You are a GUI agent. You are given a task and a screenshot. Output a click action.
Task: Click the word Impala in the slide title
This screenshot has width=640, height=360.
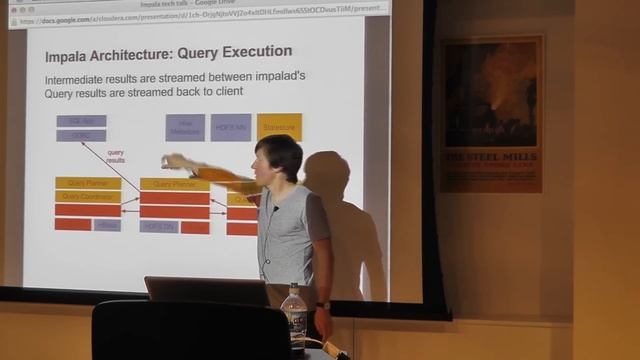(x=70, y=52)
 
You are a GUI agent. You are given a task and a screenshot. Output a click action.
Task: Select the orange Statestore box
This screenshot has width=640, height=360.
(x=279, y=127)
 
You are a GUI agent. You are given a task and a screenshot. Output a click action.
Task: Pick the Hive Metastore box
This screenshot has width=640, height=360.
(x=185, y=127)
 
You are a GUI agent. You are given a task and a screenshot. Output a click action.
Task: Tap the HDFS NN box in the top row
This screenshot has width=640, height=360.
(x=231, y=127)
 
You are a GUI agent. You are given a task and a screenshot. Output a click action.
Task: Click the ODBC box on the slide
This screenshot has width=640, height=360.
(x=81, y=136)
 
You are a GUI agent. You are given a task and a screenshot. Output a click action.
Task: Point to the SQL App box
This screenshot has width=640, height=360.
(x=81, y=121)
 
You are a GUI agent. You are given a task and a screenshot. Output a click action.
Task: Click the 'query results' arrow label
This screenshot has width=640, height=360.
(x=116, y=156)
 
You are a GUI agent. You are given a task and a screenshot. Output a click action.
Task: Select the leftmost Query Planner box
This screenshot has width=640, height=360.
(x=88, y=184)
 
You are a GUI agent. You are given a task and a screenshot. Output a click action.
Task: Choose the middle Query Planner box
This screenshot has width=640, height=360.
(x=174, y=184)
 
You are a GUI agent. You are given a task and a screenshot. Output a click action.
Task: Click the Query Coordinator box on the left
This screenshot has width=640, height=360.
(x=88, y=197)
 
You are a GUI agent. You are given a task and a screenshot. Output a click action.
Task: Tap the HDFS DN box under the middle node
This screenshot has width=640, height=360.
(x=160, y=227)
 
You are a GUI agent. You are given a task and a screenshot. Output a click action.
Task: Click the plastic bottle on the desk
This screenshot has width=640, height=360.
(x=294, y=314)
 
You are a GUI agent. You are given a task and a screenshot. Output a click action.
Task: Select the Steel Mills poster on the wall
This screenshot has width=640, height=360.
(x=491, y=114)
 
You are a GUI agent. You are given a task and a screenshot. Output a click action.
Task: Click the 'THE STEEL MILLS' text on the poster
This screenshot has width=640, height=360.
(x=491, y=157)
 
